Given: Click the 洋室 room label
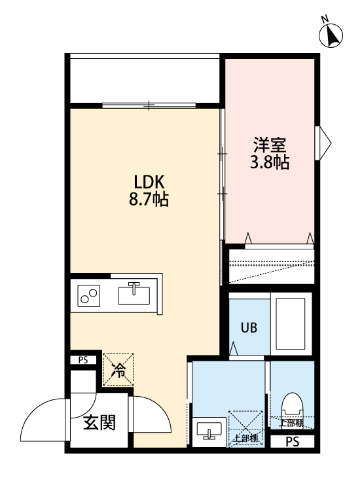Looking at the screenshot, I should pyautogui.click(x=270, y=143).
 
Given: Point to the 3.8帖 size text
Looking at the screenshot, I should pyautogui.click(x=270, y=162).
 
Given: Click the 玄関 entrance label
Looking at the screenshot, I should pyautogui.click(x=99, y=422).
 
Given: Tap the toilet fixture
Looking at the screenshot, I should pyautogui.click(x=292, y=406).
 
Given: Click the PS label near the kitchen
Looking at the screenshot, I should pyautogui.click(x=83, y=359).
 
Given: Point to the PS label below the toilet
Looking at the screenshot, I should pyautogui.click(x=292, y=443).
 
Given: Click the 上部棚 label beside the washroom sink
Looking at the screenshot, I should pyautogui.click(x=244, y=438).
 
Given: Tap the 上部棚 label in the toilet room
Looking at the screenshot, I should pyautogui.click(x=291, y=422).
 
